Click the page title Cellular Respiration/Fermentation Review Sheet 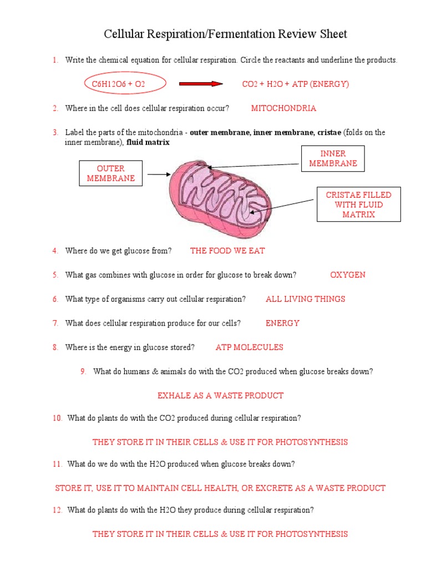pyautogui.click(x=226, y=34)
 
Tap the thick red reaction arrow pyautogui.click(x=201, y=84)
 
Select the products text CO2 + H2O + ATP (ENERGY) pyautogui.click(x=295, y=84)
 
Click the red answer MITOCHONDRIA pyautogui.click(x=283, y=108)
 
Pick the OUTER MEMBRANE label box pyautogui.click(x=111, y=173)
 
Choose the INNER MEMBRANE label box pyautogui.click(x=333, y=158)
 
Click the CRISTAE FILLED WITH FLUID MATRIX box pyautogui.click(x=358, y=204)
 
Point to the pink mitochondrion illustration pyautogui.click(x=220, y=191)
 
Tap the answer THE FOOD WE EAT pyautogui.click(x=227, y=251)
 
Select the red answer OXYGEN pyautogui.click(x=348, y=275)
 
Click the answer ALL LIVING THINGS pyautogui.click(x=305, y=299)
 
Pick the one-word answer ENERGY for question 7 pyautogui.click(x=282, y=323)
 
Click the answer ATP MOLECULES pyautogui.click(x=249, y=347)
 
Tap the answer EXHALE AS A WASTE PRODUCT pyautogui.click(x=220, y=396)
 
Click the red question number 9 pyautogui.click(x=83, y=372)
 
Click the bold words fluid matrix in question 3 pyautogui.click(x=148, y=143)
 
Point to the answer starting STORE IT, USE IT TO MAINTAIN pyautogui.click(x=220, y=488)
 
